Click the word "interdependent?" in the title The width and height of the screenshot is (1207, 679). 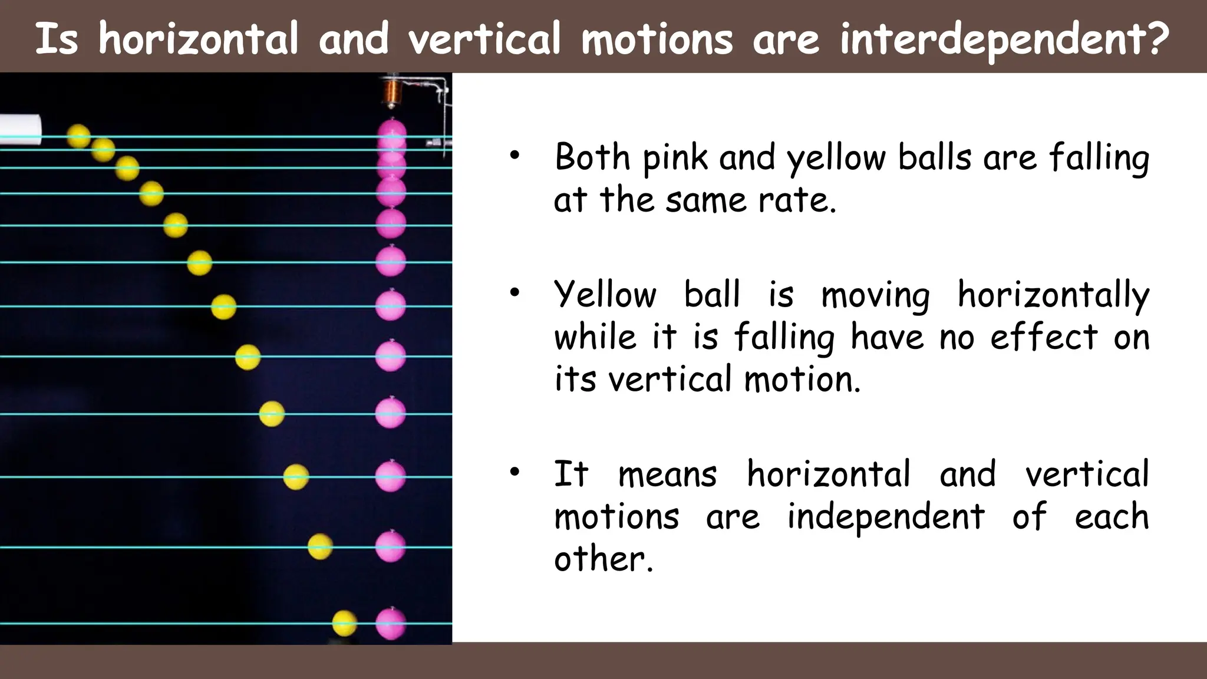point(1004,39)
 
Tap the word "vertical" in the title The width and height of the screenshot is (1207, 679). point(484,39)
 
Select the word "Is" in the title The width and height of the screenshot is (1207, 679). point(57,39)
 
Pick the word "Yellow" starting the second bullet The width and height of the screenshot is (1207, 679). point(605,294)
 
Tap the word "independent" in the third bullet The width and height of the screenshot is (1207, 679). point(886,516)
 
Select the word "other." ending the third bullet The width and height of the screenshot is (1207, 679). point(604,558)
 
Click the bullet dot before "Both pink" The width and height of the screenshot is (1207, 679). point(515,156)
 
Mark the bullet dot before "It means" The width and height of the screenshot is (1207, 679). point(515,472)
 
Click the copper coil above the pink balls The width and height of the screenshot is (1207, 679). point(390,91)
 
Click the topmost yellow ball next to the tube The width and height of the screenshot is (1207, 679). point(78,136)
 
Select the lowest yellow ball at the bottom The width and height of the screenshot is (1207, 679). point(344,623)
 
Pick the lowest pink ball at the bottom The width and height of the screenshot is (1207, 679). point(391,623)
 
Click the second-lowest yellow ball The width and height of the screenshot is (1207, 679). point(320,546)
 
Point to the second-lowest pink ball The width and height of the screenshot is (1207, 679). point(391,546)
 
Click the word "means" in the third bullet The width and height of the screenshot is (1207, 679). point(667,474)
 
